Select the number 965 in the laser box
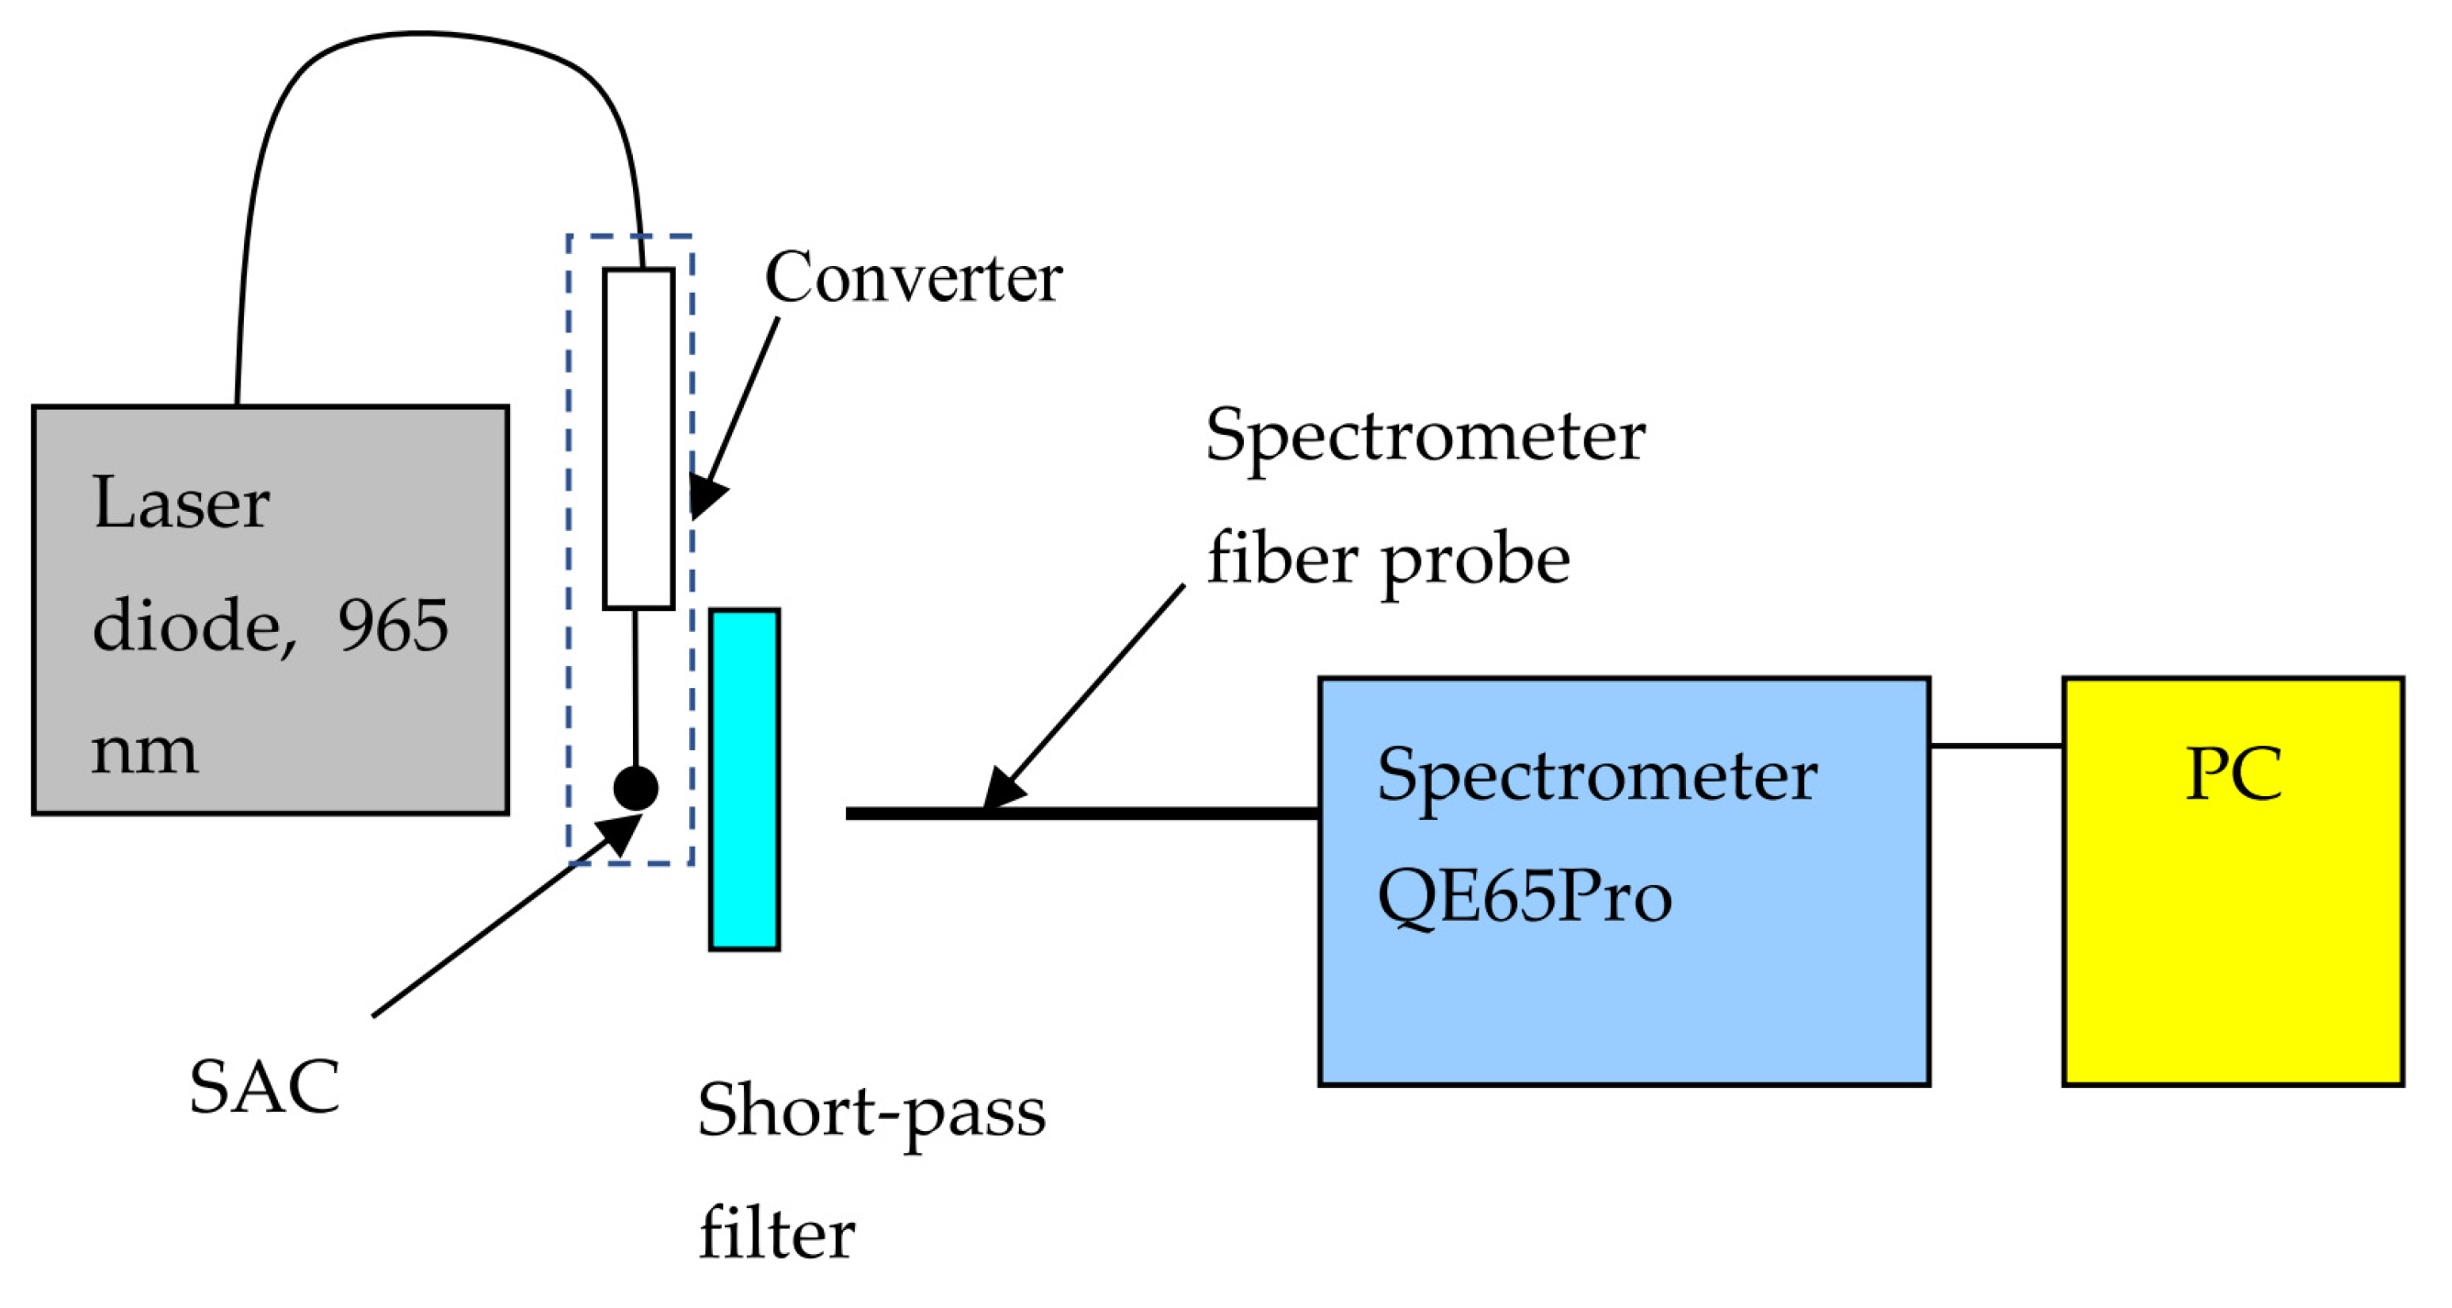(394, 626)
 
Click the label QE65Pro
(1524, 897)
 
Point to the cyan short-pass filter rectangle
(744, 780)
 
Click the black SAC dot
(635, 787)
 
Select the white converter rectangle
(638, 438)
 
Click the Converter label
(913, 278)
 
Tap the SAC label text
(263, 1086)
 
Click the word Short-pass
(871, 1112)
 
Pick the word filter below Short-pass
(777, 1234)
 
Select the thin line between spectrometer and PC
(1996, 746)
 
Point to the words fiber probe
(1388, 560)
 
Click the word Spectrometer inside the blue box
(1596, 776)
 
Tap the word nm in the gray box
(145, 752)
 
